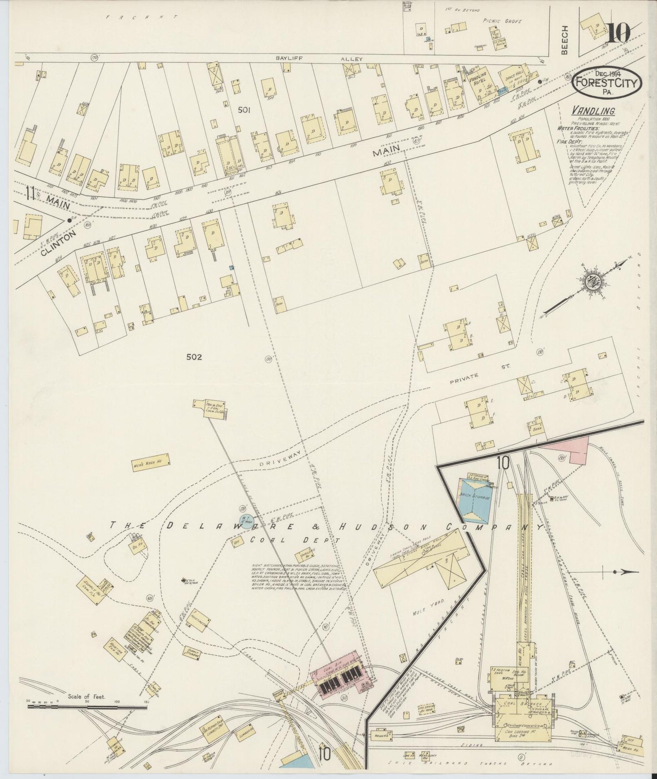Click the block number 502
coord(194,357)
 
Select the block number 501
coord(244,110)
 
